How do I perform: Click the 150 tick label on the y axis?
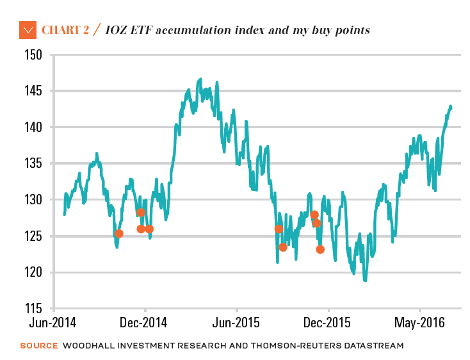click(33, 55)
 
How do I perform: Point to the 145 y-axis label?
click(33, 92)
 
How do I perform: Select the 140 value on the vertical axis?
click(33, 127)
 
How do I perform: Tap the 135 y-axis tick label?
click(33, 164)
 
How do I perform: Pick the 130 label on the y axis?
click(33, 200)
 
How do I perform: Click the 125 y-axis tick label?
click(33, 236)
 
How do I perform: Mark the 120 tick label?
click(33, 273)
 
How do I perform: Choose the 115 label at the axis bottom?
click(33, 309)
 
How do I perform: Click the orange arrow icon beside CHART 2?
click(28, 29)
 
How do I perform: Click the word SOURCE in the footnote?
click(38, 346)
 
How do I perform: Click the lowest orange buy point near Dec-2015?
click(320, 249)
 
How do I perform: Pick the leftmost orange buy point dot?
click(118, 234)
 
